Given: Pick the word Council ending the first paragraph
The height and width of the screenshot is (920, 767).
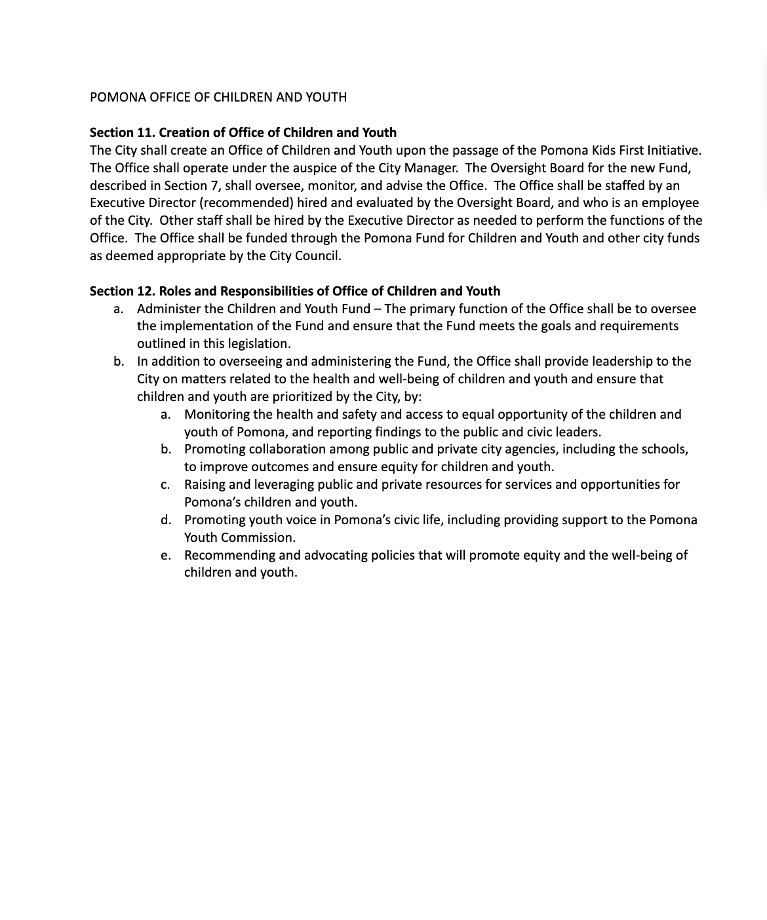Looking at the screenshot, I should [317, 256].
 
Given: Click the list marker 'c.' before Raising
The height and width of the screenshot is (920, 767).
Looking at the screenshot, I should [165, 486].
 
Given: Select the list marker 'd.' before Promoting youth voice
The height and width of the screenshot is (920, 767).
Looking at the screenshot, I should [166, 520].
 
